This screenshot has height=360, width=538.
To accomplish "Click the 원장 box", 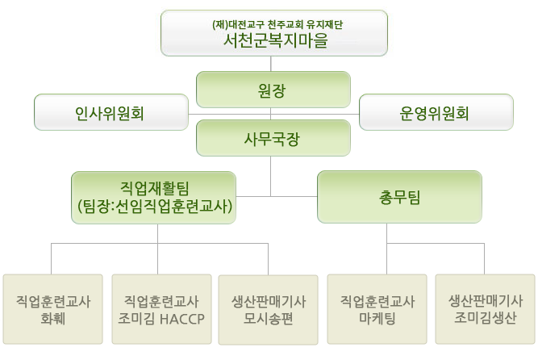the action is click(273, 90).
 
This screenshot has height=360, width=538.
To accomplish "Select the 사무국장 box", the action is click(273, 138).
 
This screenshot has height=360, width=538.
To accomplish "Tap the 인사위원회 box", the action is click(111, 112).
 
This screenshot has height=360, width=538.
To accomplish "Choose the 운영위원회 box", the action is click(436, 112).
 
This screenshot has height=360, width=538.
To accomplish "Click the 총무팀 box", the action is click(399, 197).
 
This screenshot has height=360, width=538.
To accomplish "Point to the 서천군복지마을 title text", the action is click(276, 40).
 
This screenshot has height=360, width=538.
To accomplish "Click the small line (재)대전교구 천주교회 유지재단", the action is click(277, 24).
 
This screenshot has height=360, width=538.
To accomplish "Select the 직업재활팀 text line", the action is click(154, 188).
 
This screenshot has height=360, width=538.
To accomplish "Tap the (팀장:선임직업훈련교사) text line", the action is click(155, 207).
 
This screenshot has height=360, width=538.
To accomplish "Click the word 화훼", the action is click(53, 319).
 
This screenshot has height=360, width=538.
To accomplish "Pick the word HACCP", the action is click(181, 319).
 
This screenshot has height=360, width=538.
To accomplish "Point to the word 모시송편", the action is click(268, 319).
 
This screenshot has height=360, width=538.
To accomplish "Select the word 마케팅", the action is click(377, 318).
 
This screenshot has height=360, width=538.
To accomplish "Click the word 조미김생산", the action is click(485, 317).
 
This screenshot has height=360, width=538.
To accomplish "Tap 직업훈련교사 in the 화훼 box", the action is click(53, 302).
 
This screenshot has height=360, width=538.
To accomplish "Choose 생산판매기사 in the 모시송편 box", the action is click(269, 302).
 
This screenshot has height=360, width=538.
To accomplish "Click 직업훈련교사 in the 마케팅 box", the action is click(377, 301).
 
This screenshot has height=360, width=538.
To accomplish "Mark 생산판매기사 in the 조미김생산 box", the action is click(486, 301).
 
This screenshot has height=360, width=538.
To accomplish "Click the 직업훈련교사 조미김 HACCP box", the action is click(161, 309).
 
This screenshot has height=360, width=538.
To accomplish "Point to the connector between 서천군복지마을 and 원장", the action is click(271, 64).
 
